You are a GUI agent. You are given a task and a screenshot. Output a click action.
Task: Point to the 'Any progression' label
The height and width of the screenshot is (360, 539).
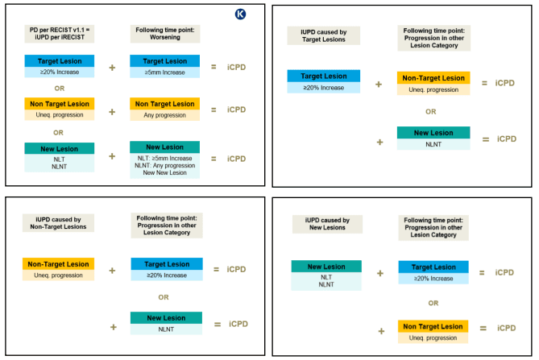click(x=165, y=116)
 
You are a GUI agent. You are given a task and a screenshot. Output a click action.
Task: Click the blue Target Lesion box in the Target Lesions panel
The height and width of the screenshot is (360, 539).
click(x=324, y=77)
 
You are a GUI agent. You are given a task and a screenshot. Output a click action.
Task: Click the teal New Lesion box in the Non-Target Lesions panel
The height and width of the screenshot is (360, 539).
click(x=165, y=320)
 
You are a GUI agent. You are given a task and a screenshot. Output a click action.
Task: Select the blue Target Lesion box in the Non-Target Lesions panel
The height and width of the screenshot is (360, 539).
click(x=165, y=263)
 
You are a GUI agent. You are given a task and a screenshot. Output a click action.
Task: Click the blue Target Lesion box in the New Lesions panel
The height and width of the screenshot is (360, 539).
click(x=433, y=267)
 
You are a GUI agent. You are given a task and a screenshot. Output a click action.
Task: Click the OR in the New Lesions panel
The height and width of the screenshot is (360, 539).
click(x=433, y=303)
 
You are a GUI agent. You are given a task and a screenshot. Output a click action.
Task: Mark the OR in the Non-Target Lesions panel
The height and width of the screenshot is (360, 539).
click(x=164, y=297)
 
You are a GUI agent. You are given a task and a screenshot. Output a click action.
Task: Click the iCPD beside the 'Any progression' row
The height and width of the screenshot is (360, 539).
click(x=236, y=110)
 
